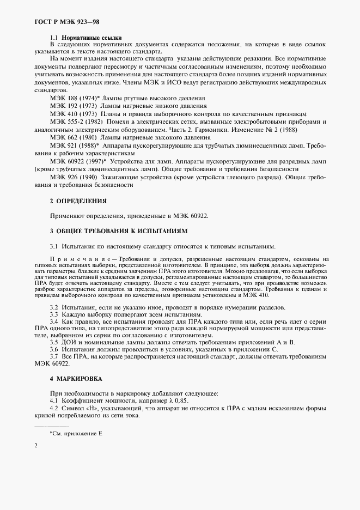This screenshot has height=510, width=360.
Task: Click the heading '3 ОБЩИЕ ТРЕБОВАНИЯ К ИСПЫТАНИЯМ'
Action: (118, 231)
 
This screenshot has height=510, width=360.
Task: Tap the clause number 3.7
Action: (54, 356)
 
